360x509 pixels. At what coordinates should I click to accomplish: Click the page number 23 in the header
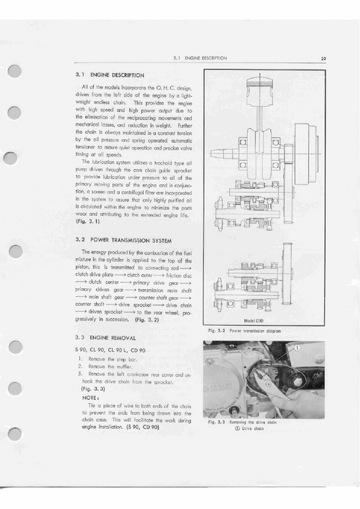pos(324,59)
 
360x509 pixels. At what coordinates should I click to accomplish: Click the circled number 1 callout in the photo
pos(297,348)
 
